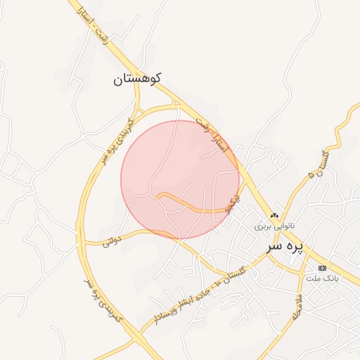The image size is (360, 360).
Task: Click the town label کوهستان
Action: click(x=136, y=79)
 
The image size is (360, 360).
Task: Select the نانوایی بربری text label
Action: click(x=275, y=227)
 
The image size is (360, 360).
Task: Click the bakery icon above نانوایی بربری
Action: click(x=274, y=216)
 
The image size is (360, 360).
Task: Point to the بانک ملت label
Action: click(x=322, y=278)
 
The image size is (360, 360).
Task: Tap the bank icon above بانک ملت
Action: click(x=322, y=268)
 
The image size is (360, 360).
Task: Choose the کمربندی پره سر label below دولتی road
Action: click(x=103, y=300)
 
